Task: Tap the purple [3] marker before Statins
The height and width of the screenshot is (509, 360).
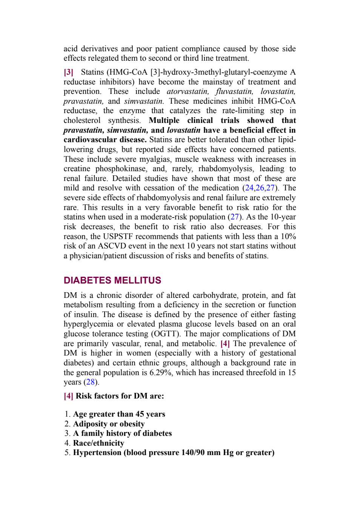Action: pyautogui.click(x=68, y=72)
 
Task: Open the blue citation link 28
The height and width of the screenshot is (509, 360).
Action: pyautogui.click(x=91, y=382)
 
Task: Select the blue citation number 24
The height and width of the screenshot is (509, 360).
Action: pyautogui.click(x=249, y=188)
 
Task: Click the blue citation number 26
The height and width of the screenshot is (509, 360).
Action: pyautogui.click(x=260, y=188)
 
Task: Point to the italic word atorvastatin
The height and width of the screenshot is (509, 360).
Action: pyautogui.click(x=188, y=91)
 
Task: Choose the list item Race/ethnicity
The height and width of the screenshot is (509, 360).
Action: pyautogui.click(x=98, y=443)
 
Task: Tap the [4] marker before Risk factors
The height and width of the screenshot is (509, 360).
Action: pyautogui.click(x=68, y=396)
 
